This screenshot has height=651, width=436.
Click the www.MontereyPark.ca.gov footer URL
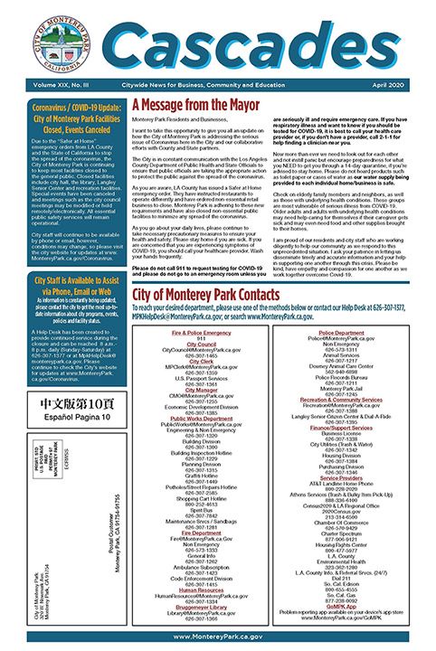click(x=217, y=637)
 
